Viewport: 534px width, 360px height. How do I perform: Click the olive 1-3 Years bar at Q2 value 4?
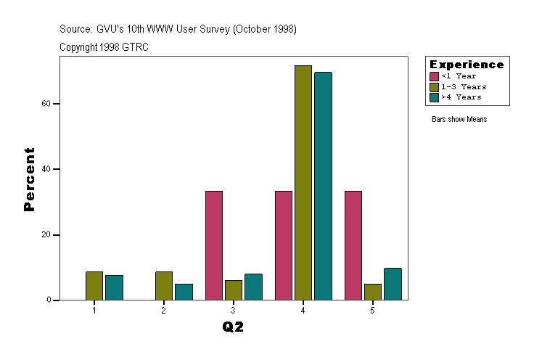point(303,183)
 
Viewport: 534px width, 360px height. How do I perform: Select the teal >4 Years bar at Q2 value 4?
point(323,186)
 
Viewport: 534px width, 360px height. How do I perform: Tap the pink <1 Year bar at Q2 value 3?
point(214,245)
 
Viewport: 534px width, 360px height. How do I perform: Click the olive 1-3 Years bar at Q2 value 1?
point(94,286)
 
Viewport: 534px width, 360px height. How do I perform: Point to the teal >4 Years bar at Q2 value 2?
point(184,292)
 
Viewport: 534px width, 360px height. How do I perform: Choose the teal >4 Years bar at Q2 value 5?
point(393,284)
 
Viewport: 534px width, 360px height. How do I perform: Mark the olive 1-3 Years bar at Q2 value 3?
point(234,290)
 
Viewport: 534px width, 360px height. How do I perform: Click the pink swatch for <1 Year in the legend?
point(434,76)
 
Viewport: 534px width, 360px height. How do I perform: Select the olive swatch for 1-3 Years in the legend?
point(434,86)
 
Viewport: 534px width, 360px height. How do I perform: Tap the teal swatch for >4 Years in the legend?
point(434,97)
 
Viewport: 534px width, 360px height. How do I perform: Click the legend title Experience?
point(467,65)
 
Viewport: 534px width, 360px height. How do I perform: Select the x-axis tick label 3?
point(233,311)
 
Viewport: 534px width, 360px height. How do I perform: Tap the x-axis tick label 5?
point(372,311)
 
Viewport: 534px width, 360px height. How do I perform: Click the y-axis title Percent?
point(30,179)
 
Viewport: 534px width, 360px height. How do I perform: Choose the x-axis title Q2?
point(233,327)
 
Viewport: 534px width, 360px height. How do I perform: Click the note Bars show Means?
point(459,120)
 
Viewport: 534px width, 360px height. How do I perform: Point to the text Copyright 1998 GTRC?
point(104,47)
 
